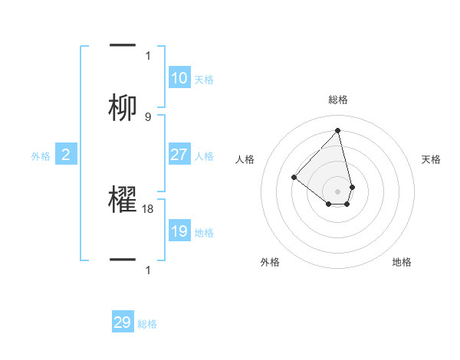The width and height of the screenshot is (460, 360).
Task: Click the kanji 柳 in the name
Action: (x=123, y=107)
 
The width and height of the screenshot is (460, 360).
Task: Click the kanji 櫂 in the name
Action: (x=123, y=201)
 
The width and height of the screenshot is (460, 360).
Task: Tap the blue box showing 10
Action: (x=179, y=77)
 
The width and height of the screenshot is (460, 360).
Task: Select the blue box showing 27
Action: (x=179, y=155)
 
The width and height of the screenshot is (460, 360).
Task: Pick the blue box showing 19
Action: (x=179, y=231)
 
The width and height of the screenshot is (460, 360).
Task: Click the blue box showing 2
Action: (x=66, y=155)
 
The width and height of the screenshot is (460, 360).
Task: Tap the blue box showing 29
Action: (x=123, y=322)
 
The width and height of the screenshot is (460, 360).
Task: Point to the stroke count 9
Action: (x=148, y=117)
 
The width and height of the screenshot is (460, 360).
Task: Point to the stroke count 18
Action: (x=149, y=208)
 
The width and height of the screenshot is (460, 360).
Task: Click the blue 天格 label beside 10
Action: (x=204, y=79)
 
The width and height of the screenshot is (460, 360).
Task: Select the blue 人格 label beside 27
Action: (x=204, y=156)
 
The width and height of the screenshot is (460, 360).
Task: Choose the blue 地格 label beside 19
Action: (x=204, y=233)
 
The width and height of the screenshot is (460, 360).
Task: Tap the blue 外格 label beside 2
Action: (x=41, y=156)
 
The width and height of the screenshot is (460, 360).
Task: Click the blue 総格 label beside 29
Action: (x=147, y=324)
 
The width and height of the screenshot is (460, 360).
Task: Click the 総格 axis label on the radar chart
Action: (x=338, y=100)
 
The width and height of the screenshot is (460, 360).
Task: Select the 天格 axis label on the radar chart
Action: (x=432, y=159)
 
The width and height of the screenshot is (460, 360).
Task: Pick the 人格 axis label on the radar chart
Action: (x=245, y=159)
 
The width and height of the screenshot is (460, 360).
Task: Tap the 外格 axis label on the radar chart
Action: (x=270, y=262)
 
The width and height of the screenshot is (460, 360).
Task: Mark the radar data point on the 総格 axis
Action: (x=337, y=130)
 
